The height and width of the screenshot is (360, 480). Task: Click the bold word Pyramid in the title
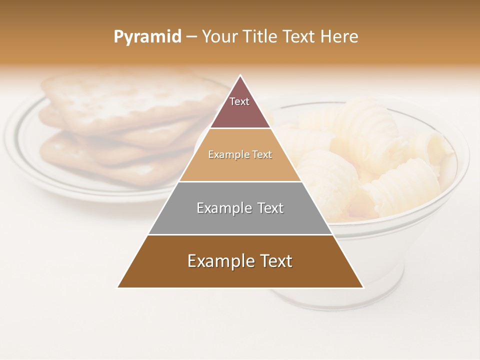(147, 37)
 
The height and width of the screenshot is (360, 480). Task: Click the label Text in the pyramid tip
(239, 101)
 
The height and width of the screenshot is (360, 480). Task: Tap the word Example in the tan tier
(224, 154)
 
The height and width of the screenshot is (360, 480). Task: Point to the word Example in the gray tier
(219, 208)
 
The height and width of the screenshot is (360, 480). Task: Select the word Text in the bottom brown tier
(275, 261)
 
